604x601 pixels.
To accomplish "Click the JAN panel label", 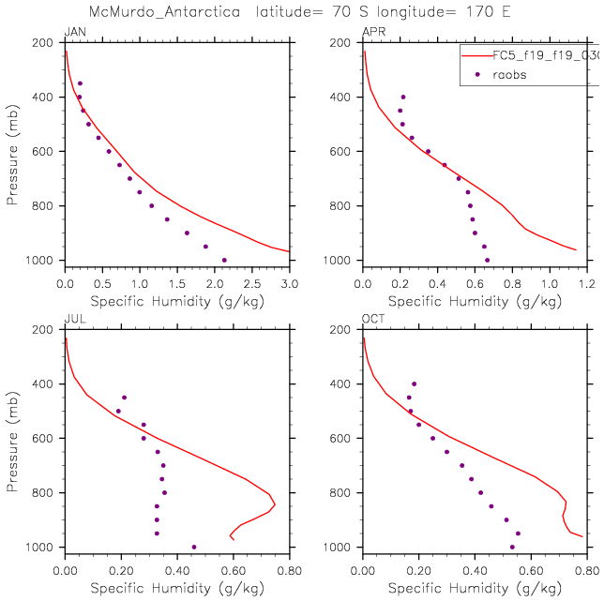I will point(73,33).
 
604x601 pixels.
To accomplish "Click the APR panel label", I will point(372,33).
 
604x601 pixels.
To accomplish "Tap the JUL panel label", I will point(72,320).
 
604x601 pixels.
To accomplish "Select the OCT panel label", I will point(372,320).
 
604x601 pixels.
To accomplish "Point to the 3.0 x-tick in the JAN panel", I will point(289,282).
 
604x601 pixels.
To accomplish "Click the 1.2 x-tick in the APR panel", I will point(587,282).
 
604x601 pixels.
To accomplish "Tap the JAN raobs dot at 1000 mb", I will point(224,260).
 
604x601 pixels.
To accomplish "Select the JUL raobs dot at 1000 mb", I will point(194,547).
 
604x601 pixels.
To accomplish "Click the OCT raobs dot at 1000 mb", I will point(512,547).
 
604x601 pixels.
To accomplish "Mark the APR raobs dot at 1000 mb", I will point(487,260).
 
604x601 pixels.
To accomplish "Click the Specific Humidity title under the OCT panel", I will point(475,588).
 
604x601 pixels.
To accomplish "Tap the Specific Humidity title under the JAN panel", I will point(176,301).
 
